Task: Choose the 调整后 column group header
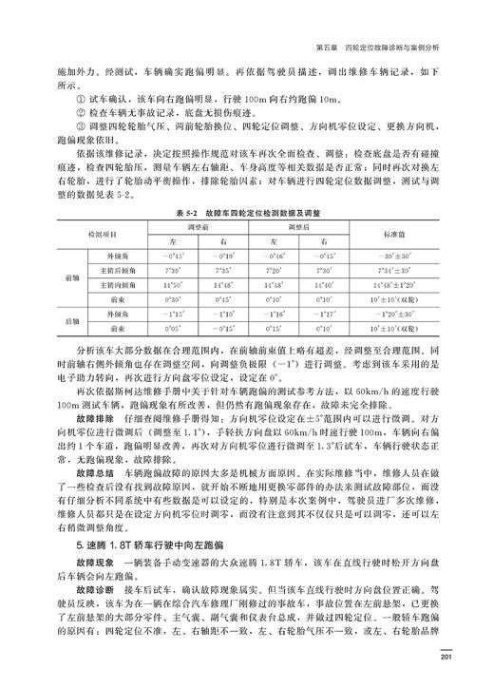tap(303, 228)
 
